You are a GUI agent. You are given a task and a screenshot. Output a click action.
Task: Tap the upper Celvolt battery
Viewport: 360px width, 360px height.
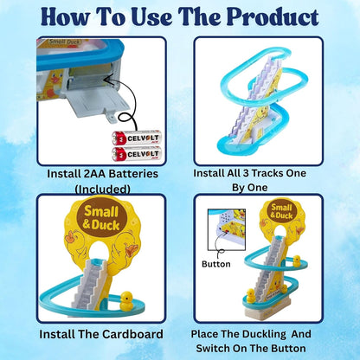[x=125, y=137]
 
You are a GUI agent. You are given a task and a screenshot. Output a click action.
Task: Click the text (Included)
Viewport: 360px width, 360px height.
[x=90, y=188]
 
